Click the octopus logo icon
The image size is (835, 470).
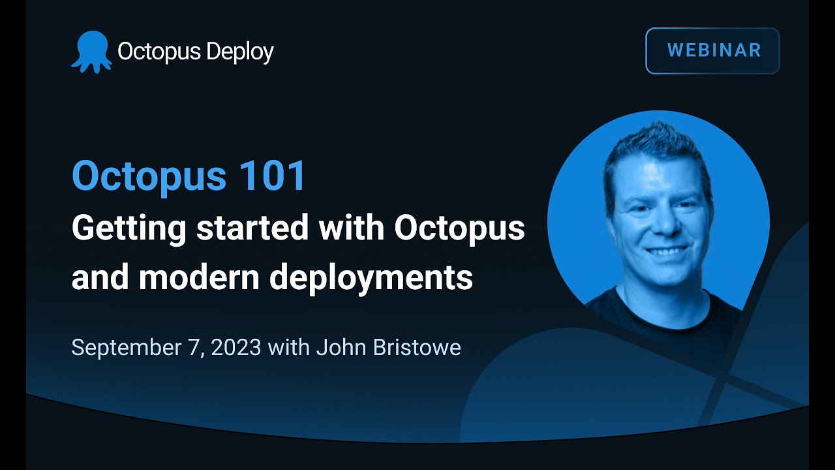coord(91,51)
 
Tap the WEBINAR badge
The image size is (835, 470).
coord(712,50)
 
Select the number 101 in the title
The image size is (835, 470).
coord(272,176)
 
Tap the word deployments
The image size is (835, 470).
coord(371,278)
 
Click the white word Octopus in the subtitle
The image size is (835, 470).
coord(459,228)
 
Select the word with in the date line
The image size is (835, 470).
coord(288,347)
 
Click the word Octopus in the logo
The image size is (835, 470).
coord(159,52)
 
